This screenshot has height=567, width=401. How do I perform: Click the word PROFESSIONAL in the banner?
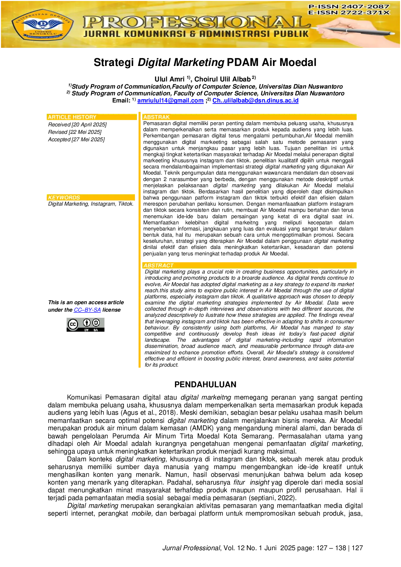[197, 22]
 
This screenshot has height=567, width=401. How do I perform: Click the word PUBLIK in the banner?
[292, 34]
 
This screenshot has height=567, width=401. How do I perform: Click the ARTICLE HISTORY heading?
[72, 117]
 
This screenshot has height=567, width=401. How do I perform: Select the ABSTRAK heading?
[157, 117]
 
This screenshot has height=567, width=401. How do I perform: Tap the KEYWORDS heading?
[64, 198]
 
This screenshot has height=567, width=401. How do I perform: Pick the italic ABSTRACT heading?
[158, 265]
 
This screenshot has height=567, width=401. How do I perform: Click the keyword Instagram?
[103, 204]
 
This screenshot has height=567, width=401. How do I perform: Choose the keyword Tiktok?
[125, 204]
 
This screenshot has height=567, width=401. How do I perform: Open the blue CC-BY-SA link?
[87, 310]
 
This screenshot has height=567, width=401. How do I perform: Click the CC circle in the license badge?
[73, 324]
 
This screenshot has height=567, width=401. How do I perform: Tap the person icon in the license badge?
[87, 323]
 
